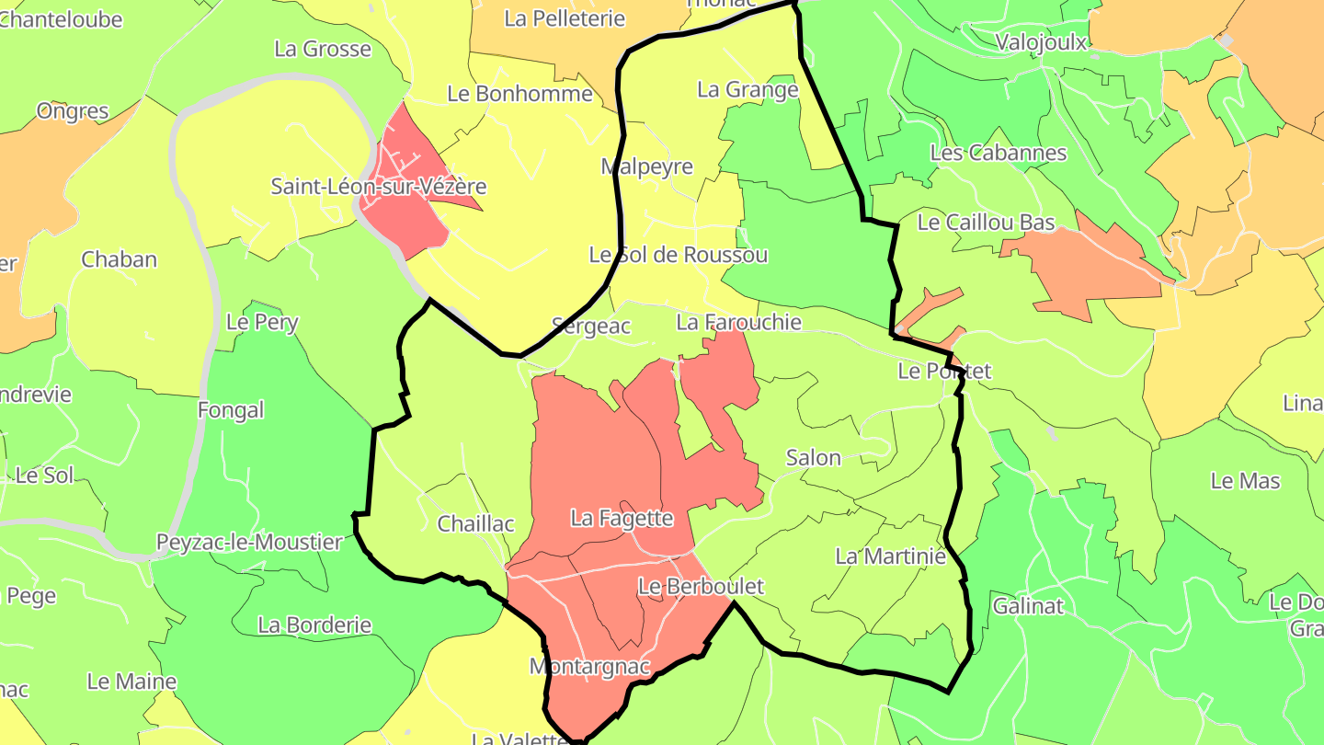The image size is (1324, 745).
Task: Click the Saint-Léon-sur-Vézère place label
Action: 378,187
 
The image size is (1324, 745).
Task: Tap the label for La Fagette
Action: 622,519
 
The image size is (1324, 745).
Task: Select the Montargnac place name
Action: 589,666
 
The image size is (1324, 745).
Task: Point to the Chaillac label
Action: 475,524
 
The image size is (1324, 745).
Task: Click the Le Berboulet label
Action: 701,587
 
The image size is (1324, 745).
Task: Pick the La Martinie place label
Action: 890,556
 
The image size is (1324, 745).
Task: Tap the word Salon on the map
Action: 813,458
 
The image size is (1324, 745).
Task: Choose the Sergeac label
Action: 590,326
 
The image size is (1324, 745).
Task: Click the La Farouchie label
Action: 738,323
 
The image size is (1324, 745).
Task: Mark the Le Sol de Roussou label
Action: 678,255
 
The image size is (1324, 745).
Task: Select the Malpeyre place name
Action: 646,167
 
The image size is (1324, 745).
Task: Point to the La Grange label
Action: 748,90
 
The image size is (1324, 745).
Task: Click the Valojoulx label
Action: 1041,42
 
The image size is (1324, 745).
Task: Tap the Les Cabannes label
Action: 998,153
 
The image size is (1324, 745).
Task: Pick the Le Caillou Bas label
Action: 986,223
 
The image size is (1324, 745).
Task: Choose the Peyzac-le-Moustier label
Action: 248,543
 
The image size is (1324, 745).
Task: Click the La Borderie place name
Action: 314,625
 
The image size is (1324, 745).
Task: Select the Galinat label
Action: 1027,606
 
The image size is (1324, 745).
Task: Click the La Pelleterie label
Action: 565,18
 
